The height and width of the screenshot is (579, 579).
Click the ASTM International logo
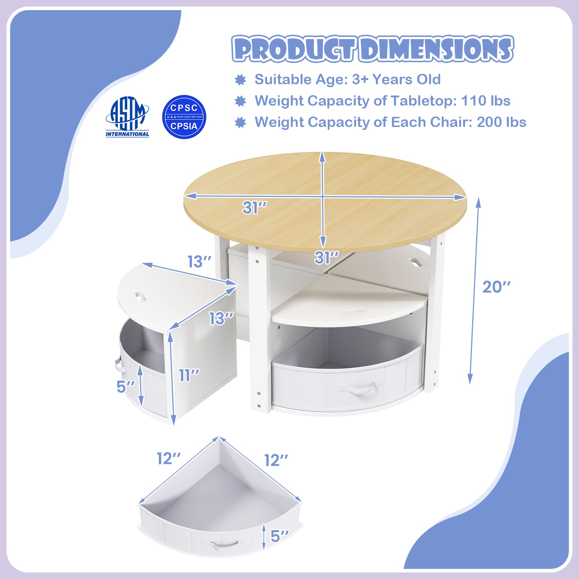click(x=127, y=117)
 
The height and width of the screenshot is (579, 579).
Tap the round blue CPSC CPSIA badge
click(x=184, y=117)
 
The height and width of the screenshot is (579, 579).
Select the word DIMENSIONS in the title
click(x=436, y=48)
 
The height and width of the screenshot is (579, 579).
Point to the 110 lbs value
click(x=486, y=101)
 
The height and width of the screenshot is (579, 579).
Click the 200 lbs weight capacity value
click(x=502, y=122)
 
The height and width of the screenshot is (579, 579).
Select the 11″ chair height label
click(x=189, y=375)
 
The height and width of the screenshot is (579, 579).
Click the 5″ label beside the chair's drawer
click(x=126, y=386)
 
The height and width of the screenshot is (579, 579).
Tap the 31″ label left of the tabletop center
click(x=255, y=208)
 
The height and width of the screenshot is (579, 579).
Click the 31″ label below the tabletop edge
click(x=327, y=258)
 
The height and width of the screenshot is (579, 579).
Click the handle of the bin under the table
click(x=360, y=390)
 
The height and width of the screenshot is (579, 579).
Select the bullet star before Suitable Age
click(x=240, y=80)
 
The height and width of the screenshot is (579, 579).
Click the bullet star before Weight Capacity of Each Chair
click(x=240, y=122)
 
